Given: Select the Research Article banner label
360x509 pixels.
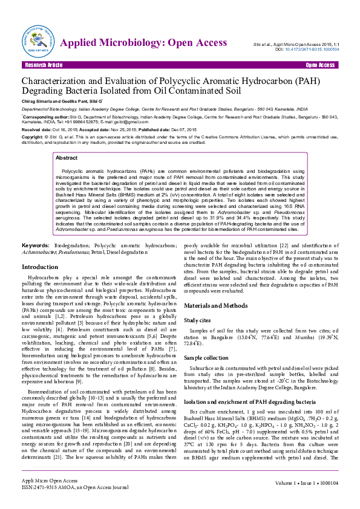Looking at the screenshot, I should pos(43,65).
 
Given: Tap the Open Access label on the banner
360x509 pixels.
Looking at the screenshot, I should pos(320,65).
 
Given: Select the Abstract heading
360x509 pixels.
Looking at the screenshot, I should pos(67,157).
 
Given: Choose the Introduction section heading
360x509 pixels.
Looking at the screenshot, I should pos(40,267).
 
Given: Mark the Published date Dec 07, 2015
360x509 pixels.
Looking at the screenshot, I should pos(179,129).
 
